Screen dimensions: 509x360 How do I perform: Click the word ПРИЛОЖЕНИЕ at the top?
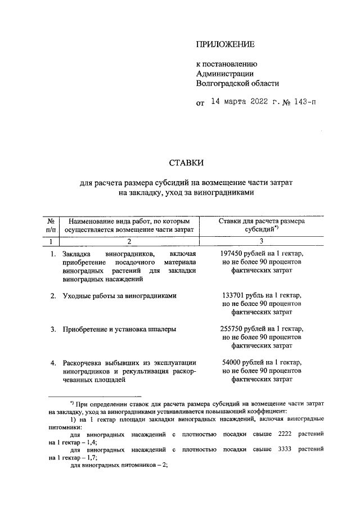pos(225,44)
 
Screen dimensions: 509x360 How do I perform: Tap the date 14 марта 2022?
pos(238,102)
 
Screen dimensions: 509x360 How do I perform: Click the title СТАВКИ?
pos(187,164)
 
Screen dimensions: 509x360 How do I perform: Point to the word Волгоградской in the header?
pos(219,83)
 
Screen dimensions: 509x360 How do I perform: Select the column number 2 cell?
pos(128,242)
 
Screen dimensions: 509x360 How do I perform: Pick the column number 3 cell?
pos(260,242)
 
